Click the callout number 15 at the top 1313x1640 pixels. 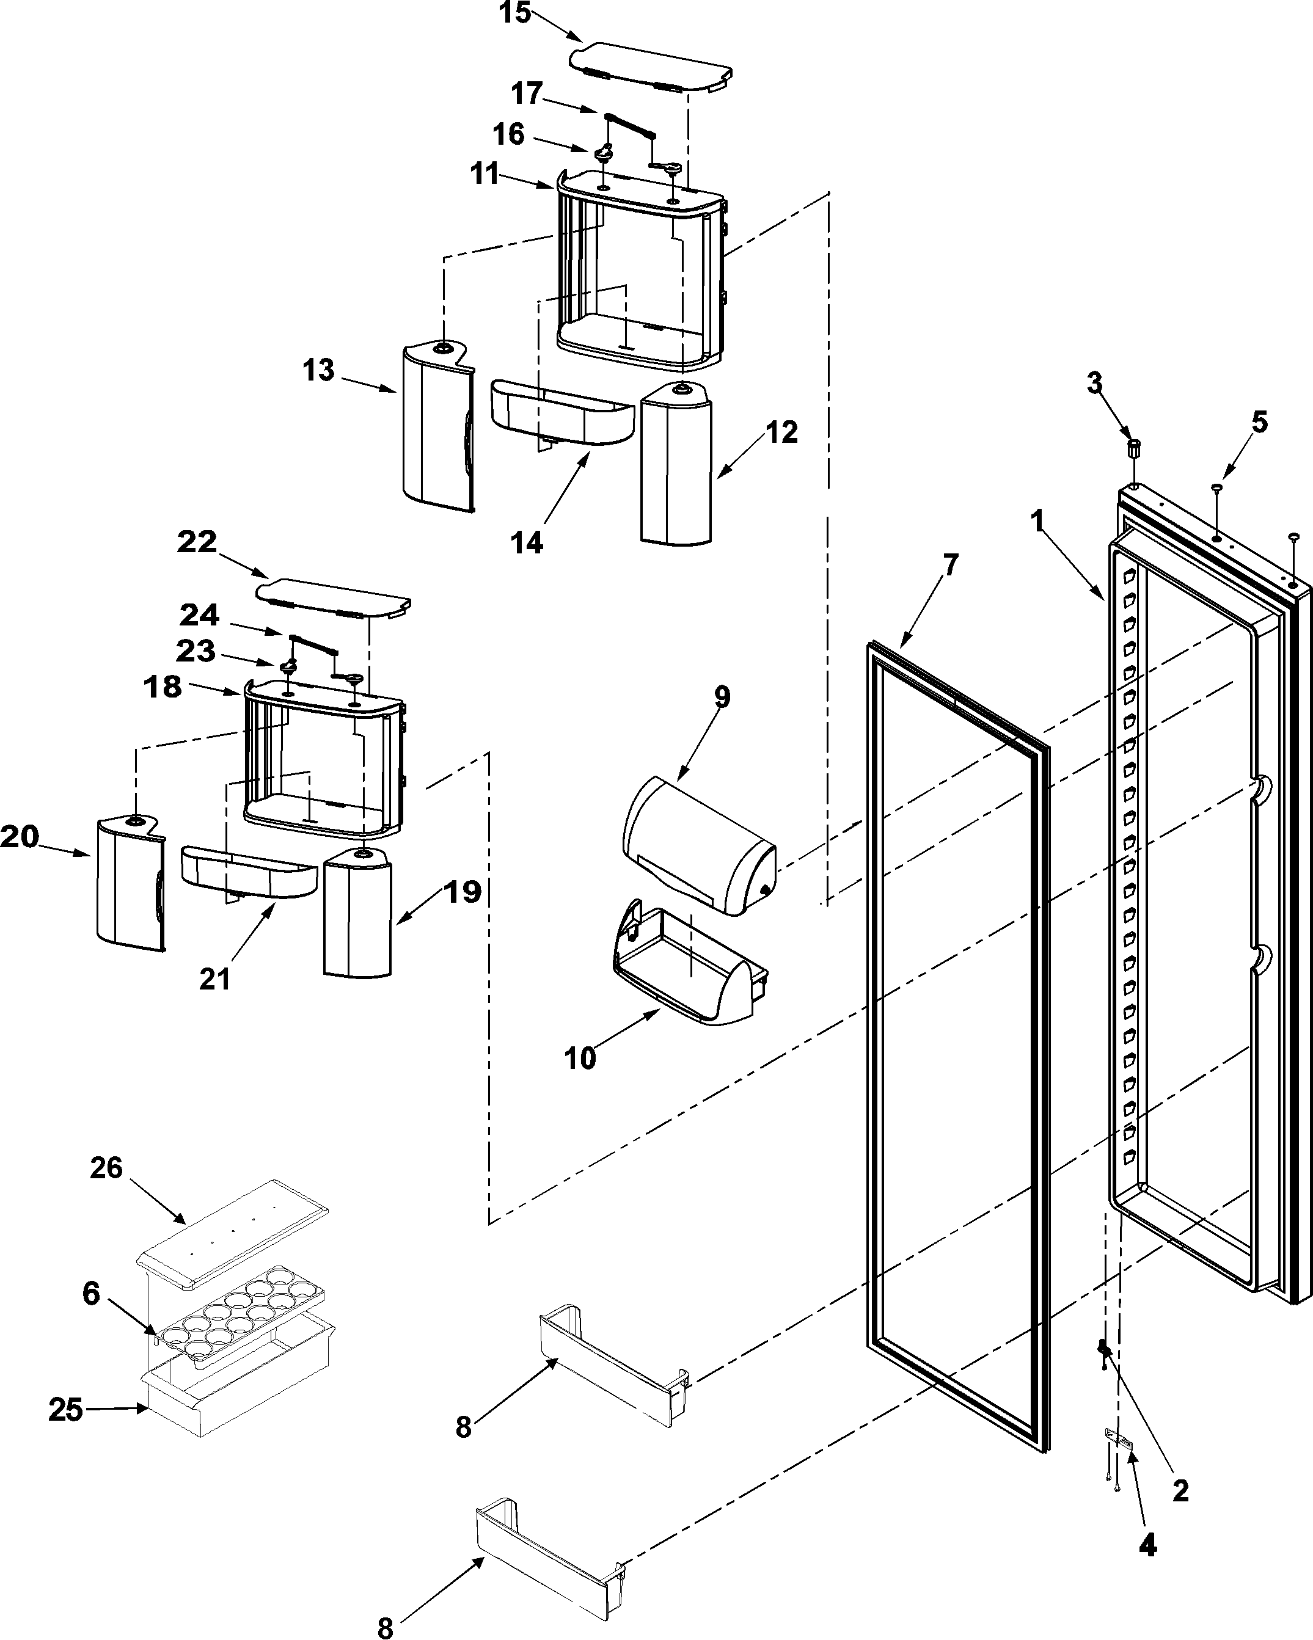pos(516,13)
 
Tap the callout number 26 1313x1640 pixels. pos(106,1168)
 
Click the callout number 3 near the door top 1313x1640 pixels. pos(1094,384)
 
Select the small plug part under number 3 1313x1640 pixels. pos(1134,448)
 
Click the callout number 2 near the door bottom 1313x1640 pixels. pos(1180,1491)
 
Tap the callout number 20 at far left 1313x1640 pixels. pos(19,837)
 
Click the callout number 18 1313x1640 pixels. pos(163,687)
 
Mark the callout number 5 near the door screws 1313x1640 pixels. pos(1260,422)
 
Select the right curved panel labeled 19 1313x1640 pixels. pos(357,913)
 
